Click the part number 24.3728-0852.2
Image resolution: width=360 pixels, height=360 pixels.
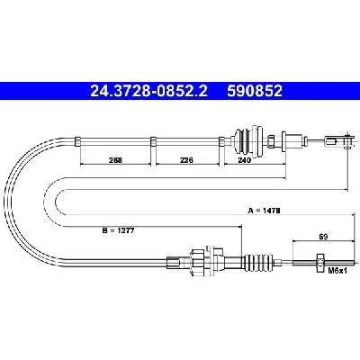(148, 91)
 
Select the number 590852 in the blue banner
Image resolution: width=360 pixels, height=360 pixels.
(255, 91)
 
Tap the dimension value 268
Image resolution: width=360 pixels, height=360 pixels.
(115, 160)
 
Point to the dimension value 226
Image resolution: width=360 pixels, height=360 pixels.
(186, 160)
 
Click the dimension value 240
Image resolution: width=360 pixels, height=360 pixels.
(244, 160)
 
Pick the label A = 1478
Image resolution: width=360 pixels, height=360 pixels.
(264, 211)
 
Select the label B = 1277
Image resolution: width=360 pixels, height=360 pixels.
(118, 230)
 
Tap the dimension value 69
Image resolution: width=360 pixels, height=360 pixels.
(323, 237)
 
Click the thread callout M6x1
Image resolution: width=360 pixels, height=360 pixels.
(337, 271)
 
